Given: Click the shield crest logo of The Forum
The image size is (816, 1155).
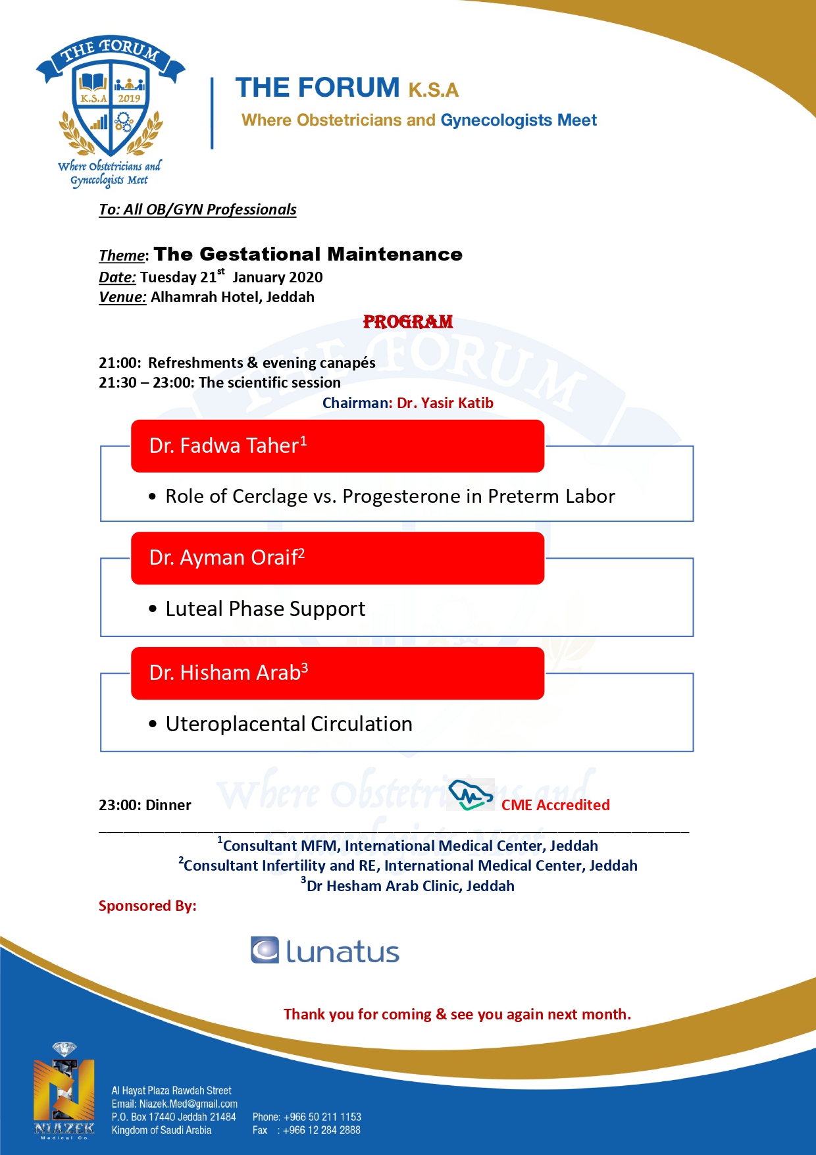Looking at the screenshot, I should click(111, 105).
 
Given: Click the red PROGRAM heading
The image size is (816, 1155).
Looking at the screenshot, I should click(408, 322).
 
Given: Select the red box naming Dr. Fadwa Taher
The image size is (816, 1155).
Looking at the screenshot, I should click(337, 446).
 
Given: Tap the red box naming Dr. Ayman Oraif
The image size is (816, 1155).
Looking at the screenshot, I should click(337, 558).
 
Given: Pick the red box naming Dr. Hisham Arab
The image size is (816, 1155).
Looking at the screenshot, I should click(337, 673).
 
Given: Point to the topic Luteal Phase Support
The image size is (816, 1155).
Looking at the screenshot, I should click(265, 609).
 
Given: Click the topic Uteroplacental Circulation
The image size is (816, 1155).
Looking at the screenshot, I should click(289, 724).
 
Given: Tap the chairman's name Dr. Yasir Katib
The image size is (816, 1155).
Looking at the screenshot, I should click(445, 403).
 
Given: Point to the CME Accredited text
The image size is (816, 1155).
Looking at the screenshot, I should click(555, 805).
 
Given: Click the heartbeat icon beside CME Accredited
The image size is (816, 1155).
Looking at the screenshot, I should click(470, 795).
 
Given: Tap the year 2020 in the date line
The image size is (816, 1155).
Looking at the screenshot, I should click(306, 277).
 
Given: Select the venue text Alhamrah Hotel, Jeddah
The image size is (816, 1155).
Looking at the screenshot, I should click(232, 297).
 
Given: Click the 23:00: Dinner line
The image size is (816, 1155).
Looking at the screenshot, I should click(145, 805).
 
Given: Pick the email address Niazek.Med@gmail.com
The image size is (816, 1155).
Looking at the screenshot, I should click(188, 1104).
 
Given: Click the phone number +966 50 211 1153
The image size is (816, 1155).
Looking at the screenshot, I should click(322, 1117).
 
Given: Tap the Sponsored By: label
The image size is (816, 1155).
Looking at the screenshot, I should click(147, 906).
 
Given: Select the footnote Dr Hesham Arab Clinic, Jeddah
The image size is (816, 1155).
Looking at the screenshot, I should click(410, 886).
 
